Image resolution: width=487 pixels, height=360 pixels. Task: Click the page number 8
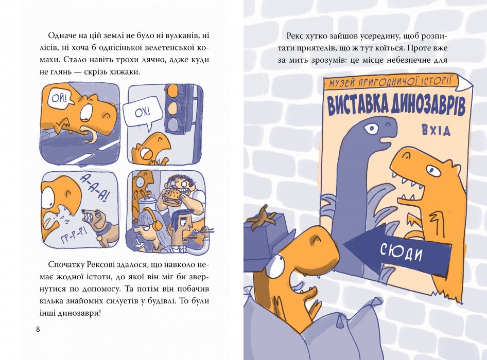38,329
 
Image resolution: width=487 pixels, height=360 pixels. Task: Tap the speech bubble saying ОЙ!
59,99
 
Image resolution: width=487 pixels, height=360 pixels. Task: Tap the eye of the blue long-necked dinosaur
371,128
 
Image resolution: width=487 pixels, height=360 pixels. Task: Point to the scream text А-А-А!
94,187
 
